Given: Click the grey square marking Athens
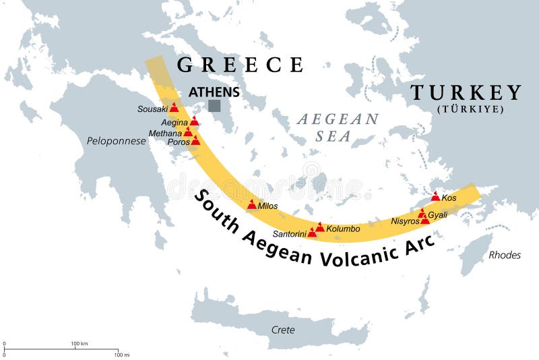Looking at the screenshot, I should coord(214,105).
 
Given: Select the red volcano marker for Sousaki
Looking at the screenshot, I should coord(175,107).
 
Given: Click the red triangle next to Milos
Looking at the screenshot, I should coord(252,204).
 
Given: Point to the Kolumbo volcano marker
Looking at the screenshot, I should coord(320,228).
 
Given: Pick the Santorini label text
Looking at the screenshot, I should coord(290,234).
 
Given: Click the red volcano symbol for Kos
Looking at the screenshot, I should coord(436,197).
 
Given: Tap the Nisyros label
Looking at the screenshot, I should coord(405,221).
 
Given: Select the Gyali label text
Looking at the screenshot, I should coord(438,214).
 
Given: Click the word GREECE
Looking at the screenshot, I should coord(240,65).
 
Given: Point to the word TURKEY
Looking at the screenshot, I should coord(466,93).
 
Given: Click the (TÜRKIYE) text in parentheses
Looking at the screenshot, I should coord(470,109).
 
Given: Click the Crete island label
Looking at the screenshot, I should coord(282,330).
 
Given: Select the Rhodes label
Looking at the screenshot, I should coord(505,255).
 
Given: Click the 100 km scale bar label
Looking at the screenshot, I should coord(80,344).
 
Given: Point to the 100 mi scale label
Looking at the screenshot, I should coord(121,354).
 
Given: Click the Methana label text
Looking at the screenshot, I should coord(166,133).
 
